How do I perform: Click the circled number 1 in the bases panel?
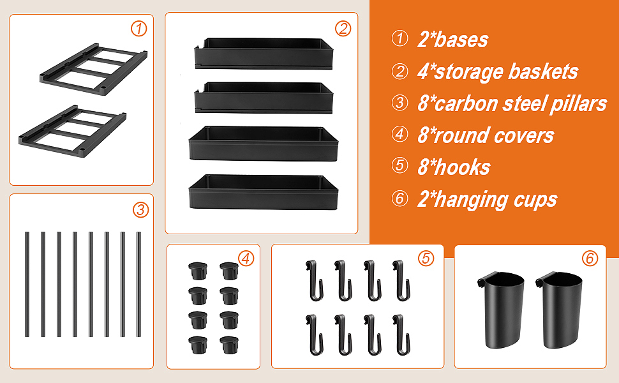point(139,29)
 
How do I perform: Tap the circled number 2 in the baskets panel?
point(343,29)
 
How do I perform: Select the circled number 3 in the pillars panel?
point(140,209)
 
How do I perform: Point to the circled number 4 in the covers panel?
point(246,259)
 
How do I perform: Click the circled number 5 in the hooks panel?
point(426,259)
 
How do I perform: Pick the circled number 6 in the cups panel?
point(590,259)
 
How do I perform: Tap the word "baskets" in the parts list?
point(543,72)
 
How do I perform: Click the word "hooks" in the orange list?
point(462,167)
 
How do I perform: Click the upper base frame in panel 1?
point(94,70)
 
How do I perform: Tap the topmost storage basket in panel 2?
point(264,54)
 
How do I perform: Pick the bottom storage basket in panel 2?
point(264,192)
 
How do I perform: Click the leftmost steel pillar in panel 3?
point(27,284)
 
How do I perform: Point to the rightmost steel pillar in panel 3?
point(138,284)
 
